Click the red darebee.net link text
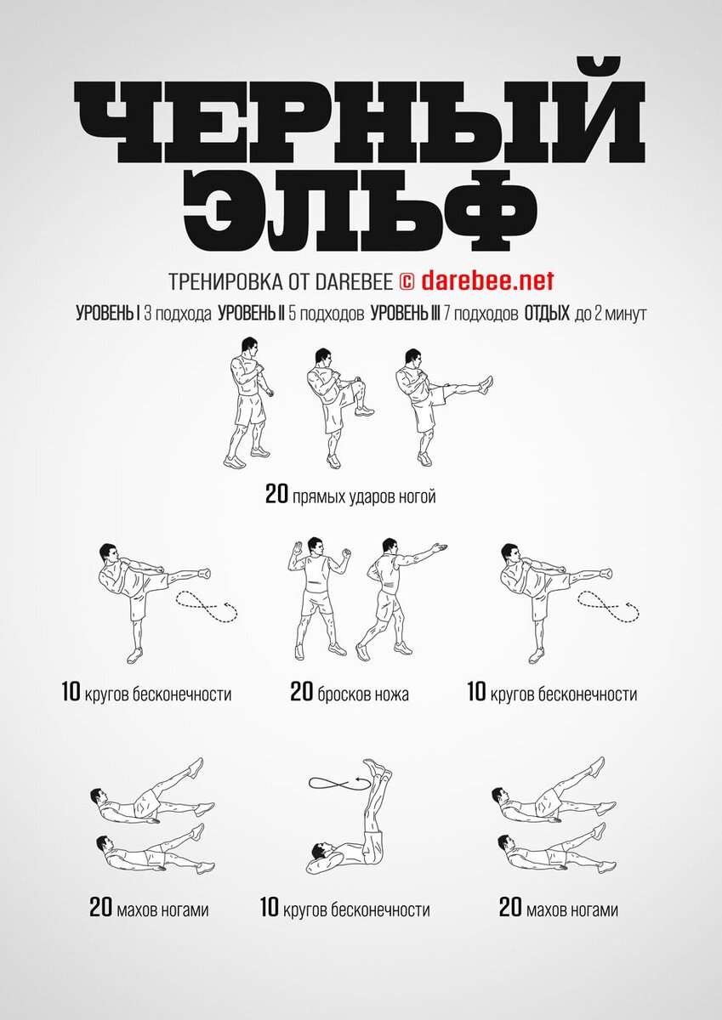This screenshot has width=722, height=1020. pyautogui.click(x=487, y=280)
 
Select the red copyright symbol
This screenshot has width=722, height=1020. pyautogui.click(x=406, y=282)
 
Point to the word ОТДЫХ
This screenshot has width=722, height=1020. pyautogui.click(x=547, y=314)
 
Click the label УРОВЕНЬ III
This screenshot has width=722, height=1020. pyautogui.click(x=406, y=314)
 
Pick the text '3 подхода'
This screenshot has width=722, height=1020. pyautogui.click(x=178, y=314)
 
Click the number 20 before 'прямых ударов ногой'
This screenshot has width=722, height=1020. pyautogui.click(x=276, y=494)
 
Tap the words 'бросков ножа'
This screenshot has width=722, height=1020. pyautogui.click(x=363, y=694)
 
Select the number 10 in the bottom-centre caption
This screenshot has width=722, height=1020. pyautogui.click(x=270, y=895)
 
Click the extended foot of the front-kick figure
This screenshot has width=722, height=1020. pyautogui.click(x=486, y=384)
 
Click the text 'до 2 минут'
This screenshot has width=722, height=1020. pyautogui.click(x=611, y=314)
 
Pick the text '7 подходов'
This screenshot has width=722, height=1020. pyautogui.click(x=481, y=314)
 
